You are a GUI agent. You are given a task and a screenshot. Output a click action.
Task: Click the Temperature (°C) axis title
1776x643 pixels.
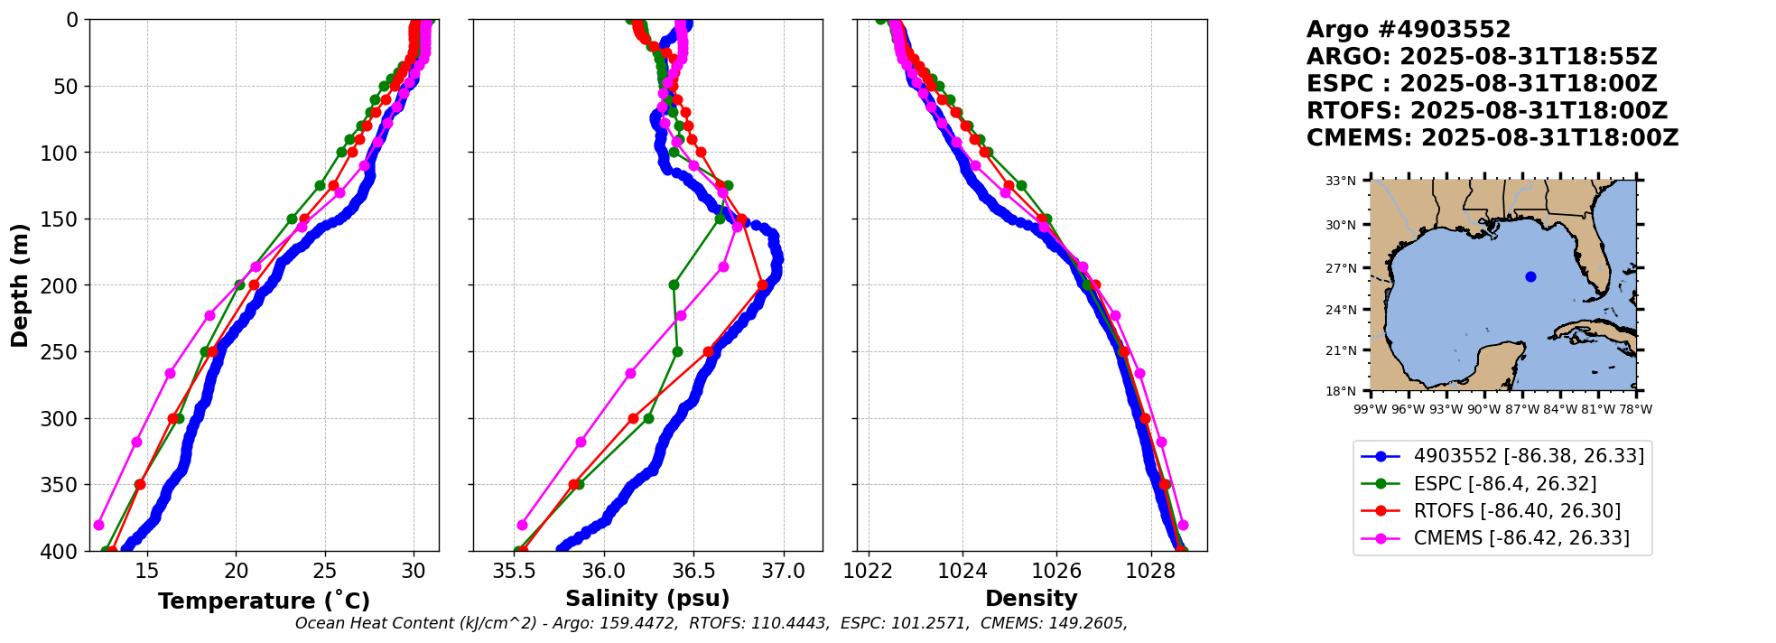tap(264, 601)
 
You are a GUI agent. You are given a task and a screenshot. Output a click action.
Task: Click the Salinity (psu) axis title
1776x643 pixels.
tap(647, 599)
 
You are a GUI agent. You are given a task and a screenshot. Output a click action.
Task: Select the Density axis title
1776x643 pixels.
tap(1031, 599)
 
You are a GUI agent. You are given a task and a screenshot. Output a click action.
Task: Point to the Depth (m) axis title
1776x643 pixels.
tap(20, 285)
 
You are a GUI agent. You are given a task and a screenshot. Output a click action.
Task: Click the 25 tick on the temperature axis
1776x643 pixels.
tap(325, 571)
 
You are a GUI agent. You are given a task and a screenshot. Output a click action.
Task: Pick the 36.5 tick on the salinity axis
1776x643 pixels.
tap(693, 571)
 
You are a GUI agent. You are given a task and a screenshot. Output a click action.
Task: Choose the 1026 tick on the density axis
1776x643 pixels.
tap(1056, 571)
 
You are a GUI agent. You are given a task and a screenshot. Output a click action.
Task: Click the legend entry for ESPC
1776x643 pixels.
tap(1504, 484)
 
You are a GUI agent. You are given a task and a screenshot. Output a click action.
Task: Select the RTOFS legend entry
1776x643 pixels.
tap(1517, 511)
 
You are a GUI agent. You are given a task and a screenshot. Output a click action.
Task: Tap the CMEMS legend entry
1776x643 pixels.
tap(1521, 538)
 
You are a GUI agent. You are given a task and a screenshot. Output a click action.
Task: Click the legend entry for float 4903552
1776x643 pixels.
tap(1529, 456)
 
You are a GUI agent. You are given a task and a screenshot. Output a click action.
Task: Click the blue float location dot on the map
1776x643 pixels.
tap(1530, 276)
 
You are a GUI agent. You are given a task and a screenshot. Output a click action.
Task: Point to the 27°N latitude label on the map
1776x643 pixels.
tap(1341, 268)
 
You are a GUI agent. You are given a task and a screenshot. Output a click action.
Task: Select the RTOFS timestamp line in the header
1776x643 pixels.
tap(1486, 111)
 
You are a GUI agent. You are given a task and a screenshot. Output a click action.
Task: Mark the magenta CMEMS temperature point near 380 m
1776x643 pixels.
tap(98, 525)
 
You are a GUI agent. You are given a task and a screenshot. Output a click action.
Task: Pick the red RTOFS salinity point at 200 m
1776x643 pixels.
tap(762, 285)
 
